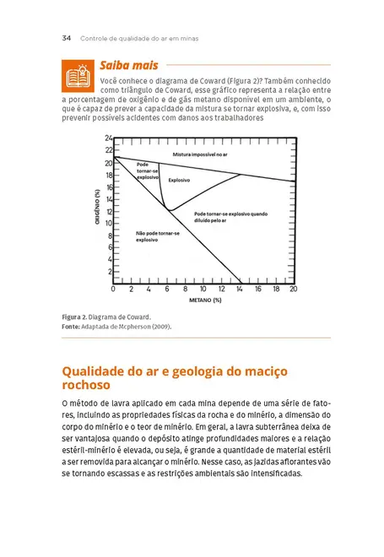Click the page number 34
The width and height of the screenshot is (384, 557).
pos(67,38)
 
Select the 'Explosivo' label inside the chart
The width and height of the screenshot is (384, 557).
pos(179,181)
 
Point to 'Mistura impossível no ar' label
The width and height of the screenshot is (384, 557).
pos(200,155)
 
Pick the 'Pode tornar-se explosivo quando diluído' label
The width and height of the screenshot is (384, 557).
pos(230,218)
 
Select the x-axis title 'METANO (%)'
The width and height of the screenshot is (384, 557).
pos(205,300)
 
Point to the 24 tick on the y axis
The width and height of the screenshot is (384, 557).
pos(108,138)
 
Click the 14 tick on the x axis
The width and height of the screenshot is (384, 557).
pos(240,289)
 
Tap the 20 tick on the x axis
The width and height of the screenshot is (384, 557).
pos(293,289)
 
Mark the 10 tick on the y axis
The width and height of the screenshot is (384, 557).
pos(108,223)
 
